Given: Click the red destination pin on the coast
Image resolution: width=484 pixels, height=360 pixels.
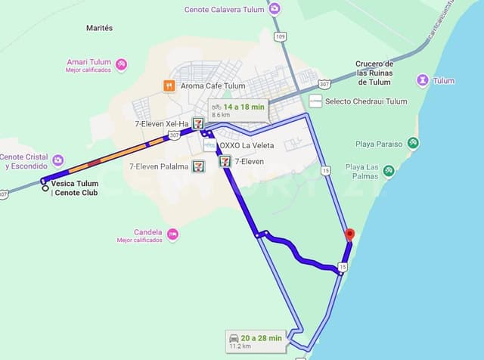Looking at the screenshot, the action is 349,235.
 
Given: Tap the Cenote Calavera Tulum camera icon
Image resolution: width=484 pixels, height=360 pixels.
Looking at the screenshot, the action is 274,9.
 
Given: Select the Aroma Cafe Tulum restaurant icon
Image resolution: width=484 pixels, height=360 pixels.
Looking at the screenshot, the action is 169,85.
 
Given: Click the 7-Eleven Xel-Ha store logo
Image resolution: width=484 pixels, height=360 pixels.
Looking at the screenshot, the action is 197,123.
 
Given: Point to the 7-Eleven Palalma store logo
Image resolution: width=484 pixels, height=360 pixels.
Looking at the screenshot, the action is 197,166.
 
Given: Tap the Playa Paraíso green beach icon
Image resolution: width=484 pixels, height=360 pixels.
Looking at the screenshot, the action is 413,143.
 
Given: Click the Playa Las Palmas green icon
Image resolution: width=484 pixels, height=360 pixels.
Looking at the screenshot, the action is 389,172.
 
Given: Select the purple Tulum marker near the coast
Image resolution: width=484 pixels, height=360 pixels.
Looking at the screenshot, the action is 423,81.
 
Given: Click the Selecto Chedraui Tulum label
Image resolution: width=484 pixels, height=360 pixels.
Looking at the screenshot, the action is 366,101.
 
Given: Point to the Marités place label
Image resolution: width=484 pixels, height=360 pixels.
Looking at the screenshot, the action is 99,28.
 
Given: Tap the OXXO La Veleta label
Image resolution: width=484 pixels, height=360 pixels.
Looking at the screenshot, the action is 247,146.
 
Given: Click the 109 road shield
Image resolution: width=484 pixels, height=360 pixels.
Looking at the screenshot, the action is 281,36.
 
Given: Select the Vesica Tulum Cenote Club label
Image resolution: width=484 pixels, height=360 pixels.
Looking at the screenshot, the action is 75,188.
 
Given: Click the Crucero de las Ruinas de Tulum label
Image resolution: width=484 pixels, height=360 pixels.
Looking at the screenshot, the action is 374,73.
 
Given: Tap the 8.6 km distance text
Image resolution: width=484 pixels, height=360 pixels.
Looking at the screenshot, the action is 221,114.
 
